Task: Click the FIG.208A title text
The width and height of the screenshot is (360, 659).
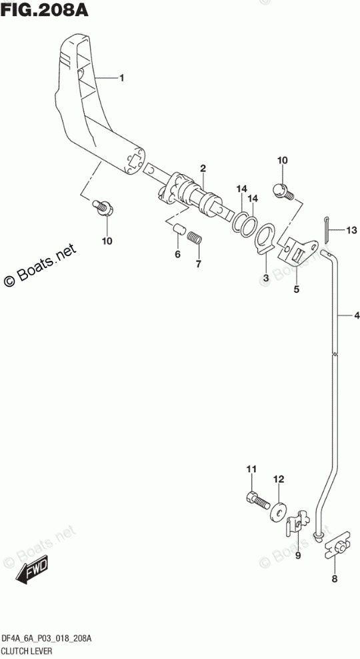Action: pyautogui.click(x=45, y=9)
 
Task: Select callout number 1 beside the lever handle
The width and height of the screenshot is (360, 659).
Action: pyautogui.click(x=121, y=78)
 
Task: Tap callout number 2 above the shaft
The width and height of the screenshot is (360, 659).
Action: pyautogui.click(x=203, y=169)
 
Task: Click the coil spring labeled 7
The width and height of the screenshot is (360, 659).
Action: pyautogui.click(x=195, y=237)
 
